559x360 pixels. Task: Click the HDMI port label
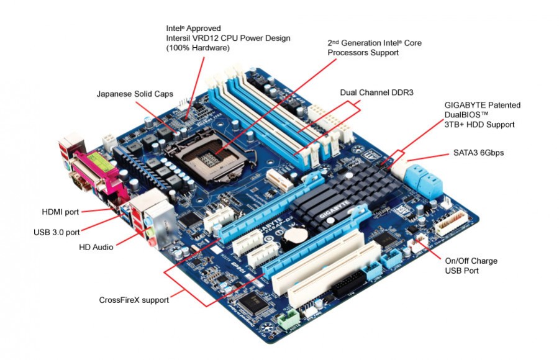[60, 212]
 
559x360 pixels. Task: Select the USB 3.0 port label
[57, 233]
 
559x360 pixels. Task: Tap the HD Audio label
[96, 247]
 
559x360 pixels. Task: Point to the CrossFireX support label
[134, 300]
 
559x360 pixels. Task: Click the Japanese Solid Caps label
[134, 94]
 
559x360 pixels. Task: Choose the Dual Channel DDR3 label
[376, 92]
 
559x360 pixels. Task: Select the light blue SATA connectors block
[422, 177]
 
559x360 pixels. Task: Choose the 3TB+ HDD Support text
[479, 125]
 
